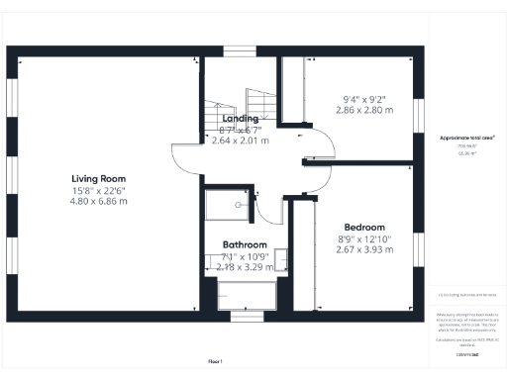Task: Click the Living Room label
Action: tap(97, 179)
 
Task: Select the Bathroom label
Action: tap(245, 244)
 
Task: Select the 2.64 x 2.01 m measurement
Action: tap(240, 141)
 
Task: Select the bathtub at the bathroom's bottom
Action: tap(246, 295)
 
